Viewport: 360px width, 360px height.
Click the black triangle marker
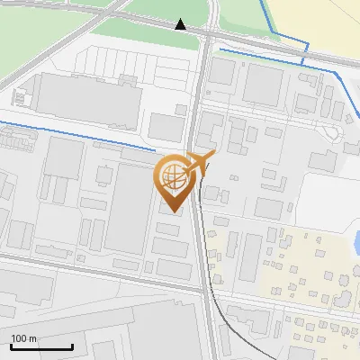pos(181,24)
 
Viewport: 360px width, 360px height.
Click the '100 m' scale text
pos(24,338)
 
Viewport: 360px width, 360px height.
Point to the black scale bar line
pos(41,346)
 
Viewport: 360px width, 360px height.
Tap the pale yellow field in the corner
pos(324,22)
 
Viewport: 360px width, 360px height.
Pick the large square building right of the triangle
pos(264,85)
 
